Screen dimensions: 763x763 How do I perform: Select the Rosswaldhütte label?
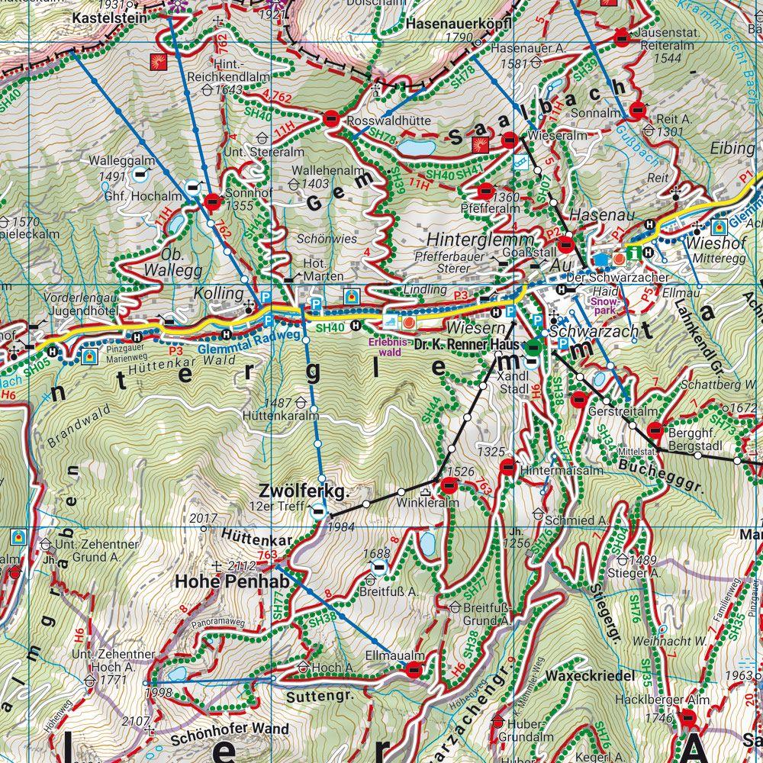pos(389,121)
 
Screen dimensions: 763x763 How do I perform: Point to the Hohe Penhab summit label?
pos(221,581)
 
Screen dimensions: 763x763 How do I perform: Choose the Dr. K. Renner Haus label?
pos(466,345)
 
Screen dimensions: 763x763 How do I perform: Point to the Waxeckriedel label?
pos(590,676)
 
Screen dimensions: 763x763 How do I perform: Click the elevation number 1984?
pos(340,527)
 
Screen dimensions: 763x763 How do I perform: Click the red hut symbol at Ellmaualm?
pos(414,671)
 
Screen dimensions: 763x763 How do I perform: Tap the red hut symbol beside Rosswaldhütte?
pos(331,118)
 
